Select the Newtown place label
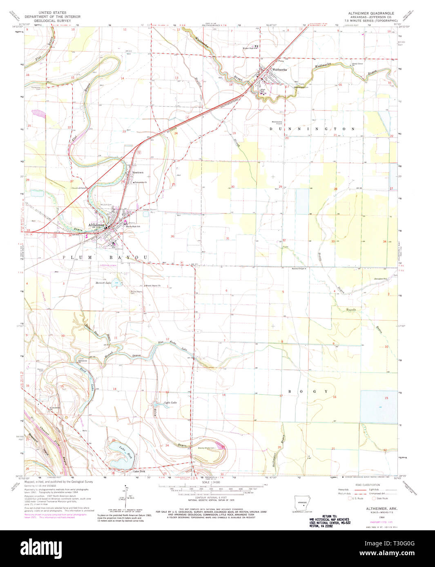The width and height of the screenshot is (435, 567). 138,173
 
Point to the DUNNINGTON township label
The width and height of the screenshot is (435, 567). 312,128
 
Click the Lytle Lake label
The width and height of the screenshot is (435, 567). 171,403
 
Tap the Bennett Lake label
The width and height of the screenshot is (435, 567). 103,283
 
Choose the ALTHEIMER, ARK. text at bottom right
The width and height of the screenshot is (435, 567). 371,509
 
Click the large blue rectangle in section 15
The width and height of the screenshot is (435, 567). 379,406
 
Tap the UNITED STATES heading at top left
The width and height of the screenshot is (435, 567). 52,13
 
